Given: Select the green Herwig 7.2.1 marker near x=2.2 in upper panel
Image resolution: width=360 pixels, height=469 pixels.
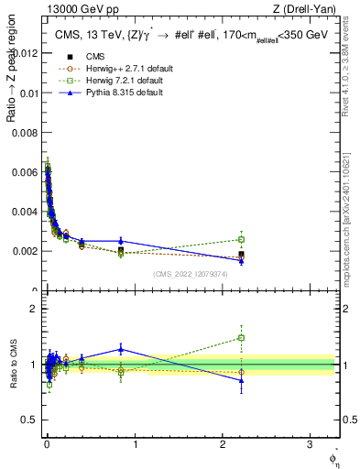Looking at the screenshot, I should coord(241,239).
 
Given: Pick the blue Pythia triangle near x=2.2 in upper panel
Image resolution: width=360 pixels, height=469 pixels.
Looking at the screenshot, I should coord(241,261).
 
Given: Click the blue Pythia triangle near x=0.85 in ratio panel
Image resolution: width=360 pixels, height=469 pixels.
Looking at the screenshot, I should coord(121,348).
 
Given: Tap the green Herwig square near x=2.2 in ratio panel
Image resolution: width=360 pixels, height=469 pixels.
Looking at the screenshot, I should coord(241,338).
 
